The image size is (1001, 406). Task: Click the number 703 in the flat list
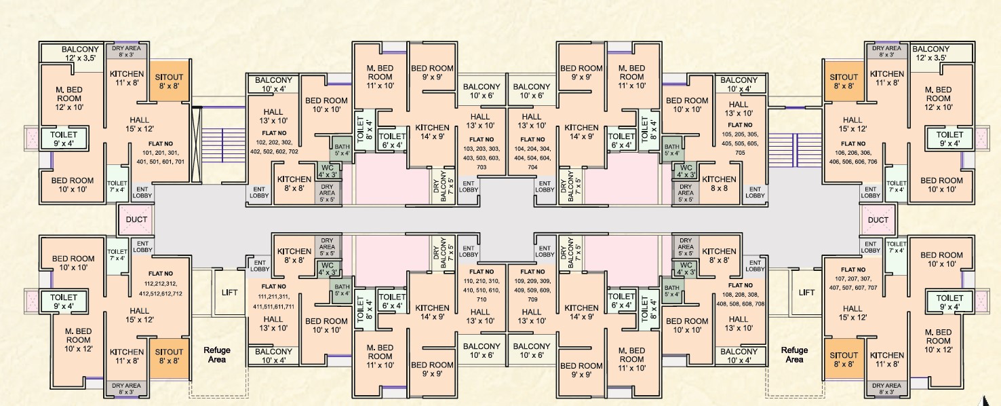click(x=482, y=167)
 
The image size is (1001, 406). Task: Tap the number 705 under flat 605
click(x=740, y=153)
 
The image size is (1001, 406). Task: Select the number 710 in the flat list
click(x=482, y=299)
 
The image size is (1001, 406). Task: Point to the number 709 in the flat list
click(x=532, y=299)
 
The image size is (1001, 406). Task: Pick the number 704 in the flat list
click(x=532, y=167)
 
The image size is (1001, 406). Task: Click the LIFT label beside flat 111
click(x=230, y=293)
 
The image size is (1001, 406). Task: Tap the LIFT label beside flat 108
click(x=806, y=293)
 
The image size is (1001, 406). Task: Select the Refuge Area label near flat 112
click(x=217, y=354)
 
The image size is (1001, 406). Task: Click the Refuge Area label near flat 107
click(x=794, y=354)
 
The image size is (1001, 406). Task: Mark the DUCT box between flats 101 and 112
click(x=136, y=219)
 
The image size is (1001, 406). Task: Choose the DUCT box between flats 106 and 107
click(x=878, y=219)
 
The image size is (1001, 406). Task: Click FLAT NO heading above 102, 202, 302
click(x=274, y=133)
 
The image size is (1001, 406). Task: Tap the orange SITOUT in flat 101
click(x=170, y=81)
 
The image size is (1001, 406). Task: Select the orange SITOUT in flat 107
click(x=844, y=359)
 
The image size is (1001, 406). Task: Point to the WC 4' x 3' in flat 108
click(x=686, y=269)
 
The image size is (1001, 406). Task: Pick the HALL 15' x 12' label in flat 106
click(x=852, y=124)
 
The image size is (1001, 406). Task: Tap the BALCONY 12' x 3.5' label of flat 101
click(x=80, y=53)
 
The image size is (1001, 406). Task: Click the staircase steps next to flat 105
click(x=795, y=150)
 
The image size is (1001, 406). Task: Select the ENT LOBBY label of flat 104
click(x=545, y=187)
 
